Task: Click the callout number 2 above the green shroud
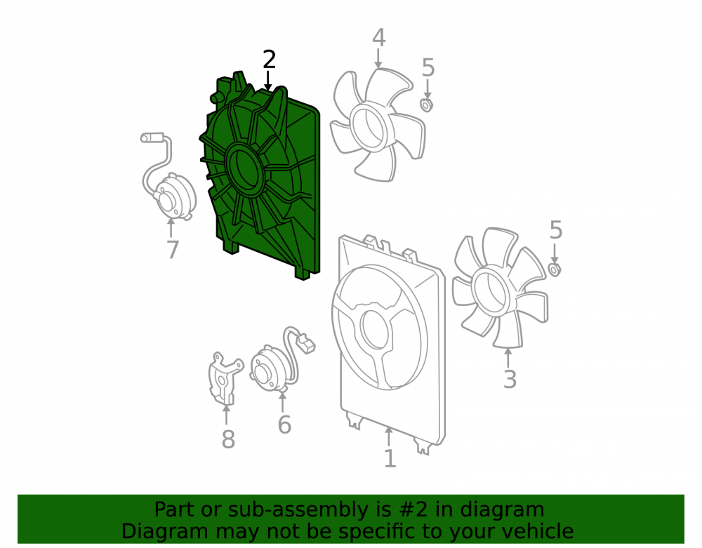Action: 269,60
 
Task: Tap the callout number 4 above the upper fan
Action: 379,38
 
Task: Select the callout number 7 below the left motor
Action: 173,249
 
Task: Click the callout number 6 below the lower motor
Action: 284,424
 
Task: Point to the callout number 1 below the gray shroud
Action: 390,458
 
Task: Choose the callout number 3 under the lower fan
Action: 510,378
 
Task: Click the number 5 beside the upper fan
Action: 428,67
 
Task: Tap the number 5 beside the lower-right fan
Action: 555,230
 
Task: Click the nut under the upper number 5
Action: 427,105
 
